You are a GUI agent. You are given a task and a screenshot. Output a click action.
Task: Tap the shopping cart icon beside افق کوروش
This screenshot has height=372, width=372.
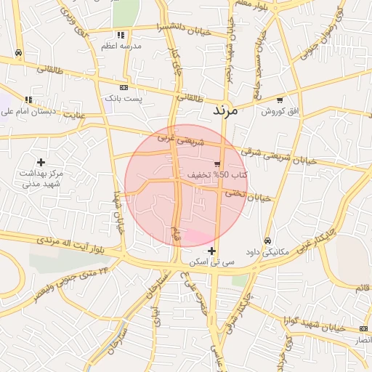[x=280, y=100]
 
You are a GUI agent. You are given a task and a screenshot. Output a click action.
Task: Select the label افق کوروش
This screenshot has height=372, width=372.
[x=276, y=111]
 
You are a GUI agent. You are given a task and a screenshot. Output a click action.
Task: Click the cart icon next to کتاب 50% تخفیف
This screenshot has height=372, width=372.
[x=217, y=163]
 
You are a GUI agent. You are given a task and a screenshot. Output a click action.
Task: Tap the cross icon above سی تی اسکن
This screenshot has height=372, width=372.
[x=211, y=250]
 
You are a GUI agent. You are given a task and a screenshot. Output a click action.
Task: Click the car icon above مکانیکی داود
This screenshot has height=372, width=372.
[x=267, y=240]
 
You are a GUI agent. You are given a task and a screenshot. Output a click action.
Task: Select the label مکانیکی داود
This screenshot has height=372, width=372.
[x=267, y=252]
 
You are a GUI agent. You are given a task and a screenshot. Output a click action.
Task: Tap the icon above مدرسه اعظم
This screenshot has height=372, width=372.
[x=121, y=34]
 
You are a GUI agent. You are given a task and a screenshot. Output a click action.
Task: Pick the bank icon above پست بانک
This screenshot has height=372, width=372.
[x=124, y=87]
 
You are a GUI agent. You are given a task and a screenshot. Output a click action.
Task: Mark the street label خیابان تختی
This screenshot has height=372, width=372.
[x=246, y=195]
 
